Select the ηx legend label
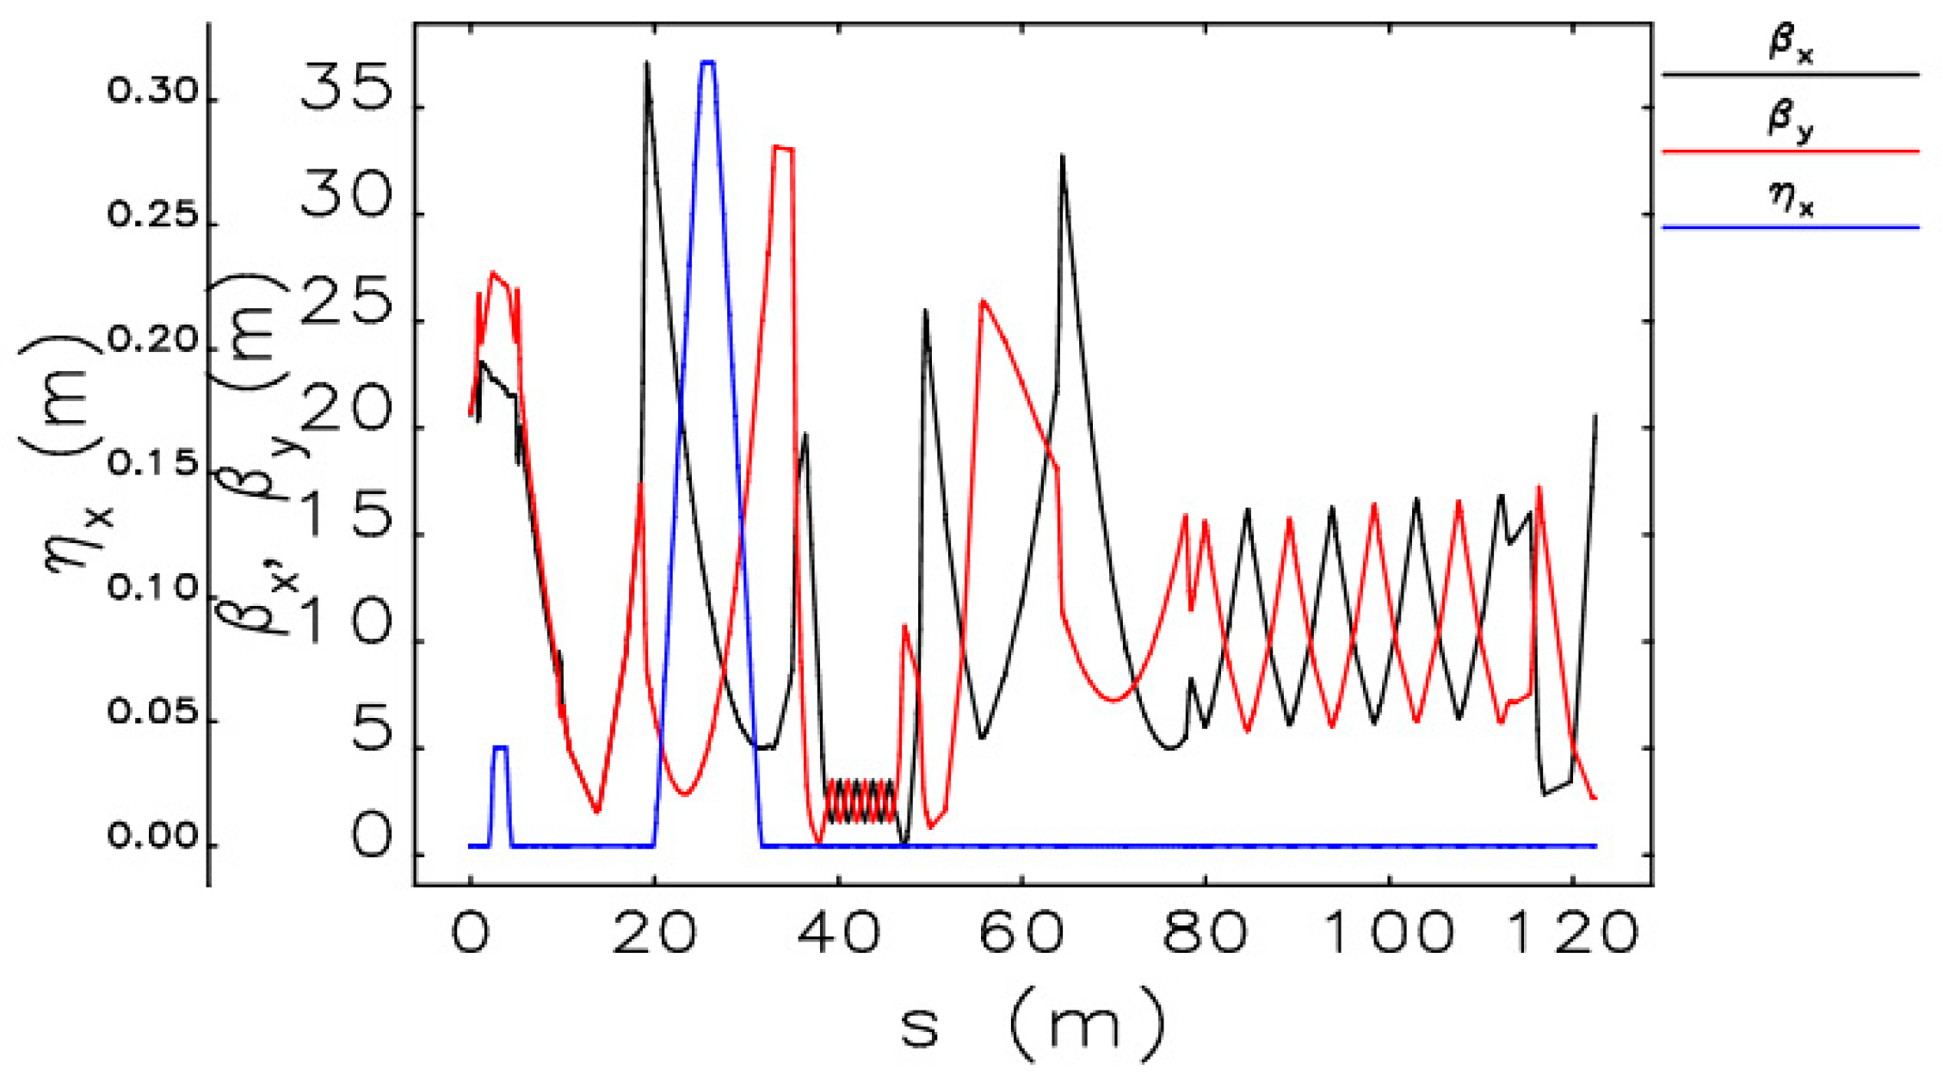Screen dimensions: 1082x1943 coord(1790,200)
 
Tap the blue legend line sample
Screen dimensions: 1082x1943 coord(1790,227)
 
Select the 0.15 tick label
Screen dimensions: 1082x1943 coord(153,465)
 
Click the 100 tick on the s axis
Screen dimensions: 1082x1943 coord(1387,933)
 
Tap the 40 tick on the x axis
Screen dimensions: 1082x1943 coord(838,933)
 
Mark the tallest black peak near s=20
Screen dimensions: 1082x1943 coord(646,64)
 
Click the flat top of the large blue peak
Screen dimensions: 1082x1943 coord(708,62)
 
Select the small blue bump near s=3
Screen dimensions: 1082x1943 coord(500,747)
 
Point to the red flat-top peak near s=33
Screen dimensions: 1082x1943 coord(783,148)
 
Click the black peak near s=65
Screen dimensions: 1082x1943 coord(1063,157)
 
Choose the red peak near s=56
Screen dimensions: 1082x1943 coord(983,300)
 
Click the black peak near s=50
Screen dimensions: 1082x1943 coord(925,310)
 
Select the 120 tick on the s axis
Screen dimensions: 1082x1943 coord(1573,933)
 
